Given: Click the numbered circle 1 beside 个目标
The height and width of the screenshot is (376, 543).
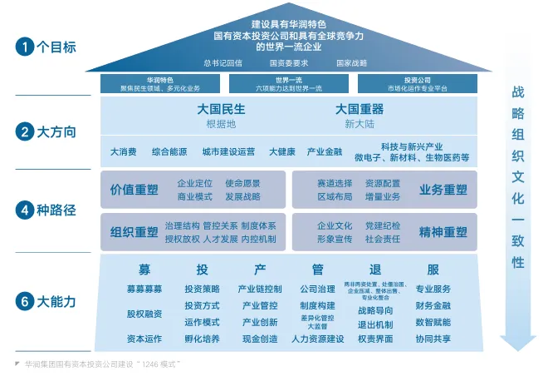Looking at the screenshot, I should tap(24, 47).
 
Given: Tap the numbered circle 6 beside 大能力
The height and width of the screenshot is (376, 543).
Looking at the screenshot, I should tap(24, 301).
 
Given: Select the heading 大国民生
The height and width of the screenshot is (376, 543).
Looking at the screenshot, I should tap(221, 109).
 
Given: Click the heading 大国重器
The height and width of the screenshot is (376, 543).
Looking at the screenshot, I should tap(359, 109).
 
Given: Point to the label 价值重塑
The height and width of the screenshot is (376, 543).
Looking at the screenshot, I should tap(134, 190).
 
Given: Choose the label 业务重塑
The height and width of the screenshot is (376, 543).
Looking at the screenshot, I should tap(443, 190).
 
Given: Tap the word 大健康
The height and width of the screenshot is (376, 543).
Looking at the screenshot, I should tap(281, 152).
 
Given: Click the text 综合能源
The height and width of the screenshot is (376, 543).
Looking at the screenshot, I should tap(169, 152).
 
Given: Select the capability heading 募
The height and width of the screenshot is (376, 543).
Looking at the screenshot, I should tap(144, 270).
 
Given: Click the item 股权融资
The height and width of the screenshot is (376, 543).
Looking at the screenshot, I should tap(144, 314).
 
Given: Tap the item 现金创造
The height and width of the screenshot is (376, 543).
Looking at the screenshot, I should tap(260, 339).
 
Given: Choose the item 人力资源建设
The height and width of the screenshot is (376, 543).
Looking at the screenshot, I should tap(317, 339).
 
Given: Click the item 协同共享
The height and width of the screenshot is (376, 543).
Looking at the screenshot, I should tap(433, 339).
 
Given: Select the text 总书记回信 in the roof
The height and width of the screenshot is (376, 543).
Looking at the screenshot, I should tap(223, 62).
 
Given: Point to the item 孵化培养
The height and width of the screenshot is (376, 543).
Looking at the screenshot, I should tap(202, 339).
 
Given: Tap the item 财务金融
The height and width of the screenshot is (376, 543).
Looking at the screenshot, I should tap(433, 305).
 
